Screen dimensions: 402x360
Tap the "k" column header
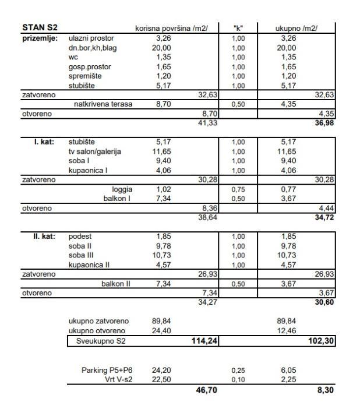point(238,28)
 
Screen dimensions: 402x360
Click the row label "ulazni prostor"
point(91,38)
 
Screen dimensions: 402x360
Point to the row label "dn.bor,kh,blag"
point(93,48)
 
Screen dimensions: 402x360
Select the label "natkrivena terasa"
point(103,104)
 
